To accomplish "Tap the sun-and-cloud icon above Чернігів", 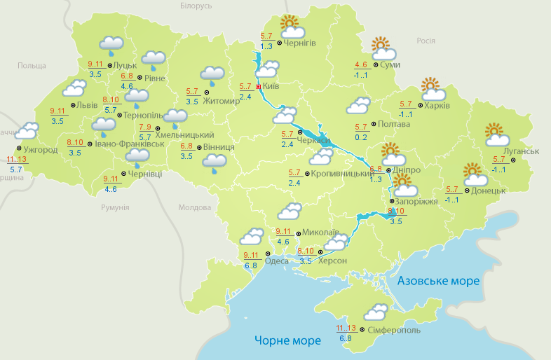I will [292, 28].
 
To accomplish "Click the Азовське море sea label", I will [438, 281].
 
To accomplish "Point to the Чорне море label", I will [287, 340].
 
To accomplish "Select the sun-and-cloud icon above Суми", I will [383, 48].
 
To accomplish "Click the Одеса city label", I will [278, 261].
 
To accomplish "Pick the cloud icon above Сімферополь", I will [376, 312].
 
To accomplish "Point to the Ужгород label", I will [40, 150].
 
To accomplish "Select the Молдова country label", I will [194, 208].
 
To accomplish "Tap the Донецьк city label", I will [489, 191].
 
